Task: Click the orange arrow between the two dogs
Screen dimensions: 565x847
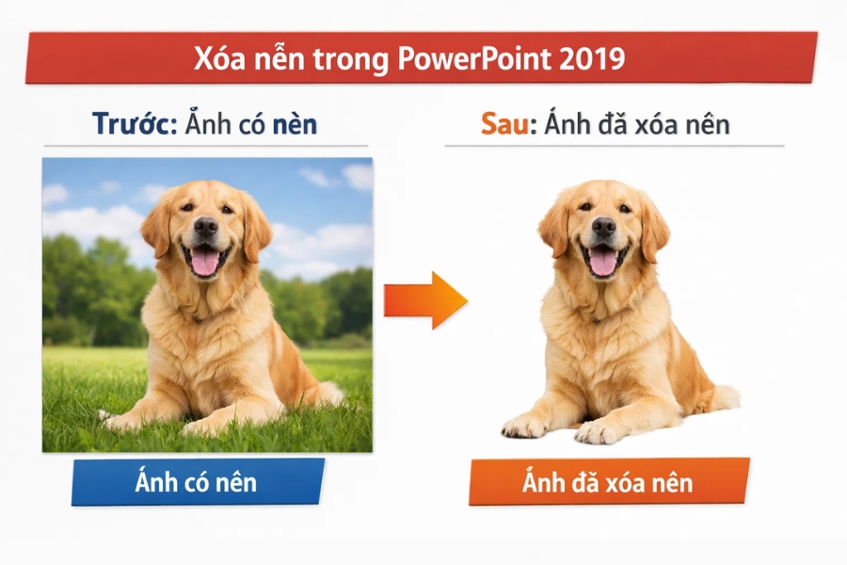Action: click(424, 300)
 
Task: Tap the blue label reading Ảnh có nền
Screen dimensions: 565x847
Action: click(197, 482)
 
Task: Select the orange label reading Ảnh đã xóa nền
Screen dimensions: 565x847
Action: click(608, 483)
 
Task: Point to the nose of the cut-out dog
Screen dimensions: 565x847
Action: click(602, 227)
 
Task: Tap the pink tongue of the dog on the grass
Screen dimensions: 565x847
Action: click(204, 262)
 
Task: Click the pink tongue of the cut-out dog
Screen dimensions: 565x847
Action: click(603, 262)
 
